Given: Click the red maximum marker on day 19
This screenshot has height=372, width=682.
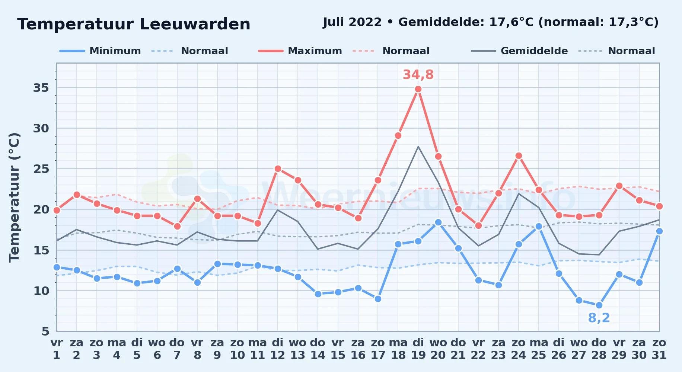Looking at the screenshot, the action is (418, 89).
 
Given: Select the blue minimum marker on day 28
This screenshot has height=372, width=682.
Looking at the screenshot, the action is (599, 305).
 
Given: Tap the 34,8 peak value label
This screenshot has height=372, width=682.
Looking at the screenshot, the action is (418, 75).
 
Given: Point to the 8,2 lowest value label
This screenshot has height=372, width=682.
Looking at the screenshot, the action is (599, 318).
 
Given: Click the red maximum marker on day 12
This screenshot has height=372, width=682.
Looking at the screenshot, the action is (278, 169).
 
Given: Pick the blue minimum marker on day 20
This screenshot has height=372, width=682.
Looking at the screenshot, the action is (438, 222).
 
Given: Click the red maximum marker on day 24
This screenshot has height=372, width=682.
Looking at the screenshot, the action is (519, 156).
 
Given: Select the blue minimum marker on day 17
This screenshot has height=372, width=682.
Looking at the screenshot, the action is (378, 299).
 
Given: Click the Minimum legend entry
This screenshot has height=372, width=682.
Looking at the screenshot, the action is (100, 51).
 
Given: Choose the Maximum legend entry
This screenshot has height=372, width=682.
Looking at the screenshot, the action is (300, 51).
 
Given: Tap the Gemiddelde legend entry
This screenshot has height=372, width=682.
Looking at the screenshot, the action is (520, 51).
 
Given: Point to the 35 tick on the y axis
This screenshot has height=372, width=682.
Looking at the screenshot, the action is (41, 88).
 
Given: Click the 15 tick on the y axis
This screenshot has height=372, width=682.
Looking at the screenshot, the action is (41, 250).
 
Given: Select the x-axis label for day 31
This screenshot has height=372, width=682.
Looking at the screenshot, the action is (659, 349).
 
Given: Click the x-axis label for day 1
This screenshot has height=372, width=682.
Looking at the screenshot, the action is (57, 349).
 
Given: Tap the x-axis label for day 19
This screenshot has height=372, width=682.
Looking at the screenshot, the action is (418, 349).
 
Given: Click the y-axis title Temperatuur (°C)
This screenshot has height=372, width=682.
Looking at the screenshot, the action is (14, 197).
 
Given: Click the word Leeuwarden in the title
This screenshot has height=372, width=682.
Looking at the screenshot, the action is (195, 25).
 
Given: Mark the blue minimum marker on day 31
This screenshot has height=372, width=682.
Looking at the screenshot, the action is (659, 231).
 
